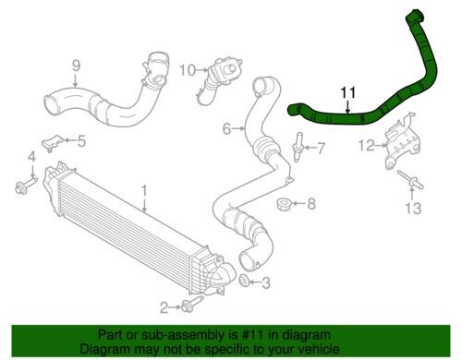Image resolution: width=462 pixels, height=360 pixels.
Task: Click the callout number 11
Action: pyautogui.click(x=348, y=92)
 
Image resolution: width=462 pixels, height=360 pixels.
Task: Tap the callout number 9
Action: pyautogui.click(x=76, y=66)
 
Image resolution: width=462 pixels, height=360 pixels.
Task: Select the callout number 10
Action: pyautogui.click(x=188, y=70)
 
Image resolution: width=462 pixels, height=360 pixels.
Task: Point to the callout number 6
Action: pyautogui.click(x=226, y=129)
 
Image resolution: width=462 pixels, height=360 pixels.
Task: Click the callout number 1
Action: pyautogui.click(x=144, y=191)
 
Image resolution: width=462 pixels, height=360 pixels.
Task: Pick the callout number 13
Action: pyautogui.click(x=413, y=208)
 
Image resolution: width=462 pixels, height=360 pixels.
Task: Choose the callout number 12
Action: pyautogui.click(x=366, y=145)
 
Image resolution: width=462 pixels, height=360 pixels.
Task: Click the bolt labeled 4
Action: pyautogui.click(x=26, y=185)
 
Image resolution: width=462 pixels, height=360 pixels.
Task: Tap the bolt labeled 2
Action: pyautogui.click(x=191, y=304)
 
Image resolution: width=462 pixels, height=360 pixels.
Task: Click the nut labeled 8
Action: pyautogui.click(x=284, y=205)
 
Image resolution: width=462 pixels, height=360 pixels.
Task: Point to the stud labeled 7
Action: pyautogui.click(x=298, y=147)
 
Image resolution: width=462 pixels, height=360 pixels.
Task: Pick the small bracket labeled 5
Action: pyautogui.click(x=53, y=142)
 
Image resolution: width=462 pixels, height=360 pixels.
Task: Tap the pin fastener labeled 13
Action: pyautogui.click(x=410, y=179)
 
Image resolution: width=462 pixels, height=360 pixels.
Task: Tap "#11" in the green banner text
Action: pyautogui.click(x=254, y=334)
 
